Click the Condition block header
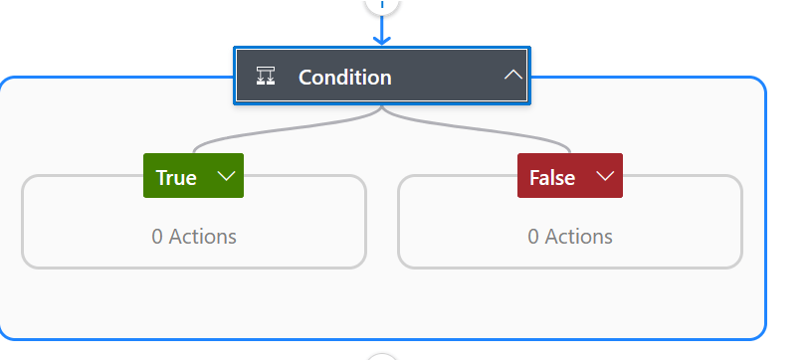click(382, 76)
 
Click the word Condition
click(344, 78)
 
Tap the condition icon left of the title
click(266, 77)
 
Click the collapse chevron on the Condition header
click(512, 76)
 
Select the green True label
click(193, 176)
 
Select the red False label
click(570, 176)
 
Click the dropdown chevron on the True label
click(226, 176)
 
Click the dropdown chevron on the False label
click(605, 176)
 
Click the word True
click(176, 178)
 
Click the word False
click(552, 178)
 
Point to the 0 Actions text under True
click(194, 237)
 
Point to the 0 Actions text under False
click(570, 237)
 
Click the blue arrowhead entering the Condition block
click(381, 40)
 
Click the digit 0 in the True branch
click(157, 237)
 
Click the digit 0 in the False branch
click(533, 237)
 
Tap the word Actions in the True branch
click(203, 237)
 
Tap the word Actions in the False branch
click(579, 237)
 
